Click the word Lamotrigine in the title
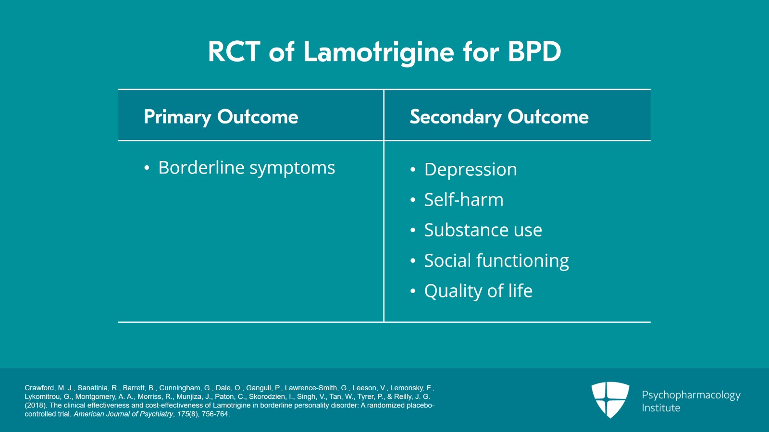[x=379, y=52]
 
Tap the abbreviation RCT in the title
[x=234, y=52]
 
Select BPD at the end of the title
[x=534, y=52]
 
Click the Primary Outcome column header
[x=221, y=117]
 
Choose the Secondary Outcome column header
[x=499, y=117]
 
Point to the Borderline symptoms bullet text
[x=247, y=168]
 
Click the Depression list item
[x=471, y=170]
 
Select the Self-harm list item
[x=464, y=200]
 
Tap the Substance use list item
[x=483, y=230]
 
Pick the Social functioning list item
[x=496, y=260]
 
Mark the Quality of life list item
[x=478, y=291]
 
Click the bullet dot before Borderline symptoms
[x=147, y=168]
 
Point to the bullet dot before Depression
[x=413, y=170]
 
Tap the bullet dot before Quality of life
[x=413, y=291]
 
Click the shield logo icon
[x=610, y=399]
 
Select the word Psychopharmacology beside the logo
[x=691, y=395]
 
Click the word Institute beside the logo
[x=661, y=408]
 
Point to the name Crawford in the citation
[x=39, y=388]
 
